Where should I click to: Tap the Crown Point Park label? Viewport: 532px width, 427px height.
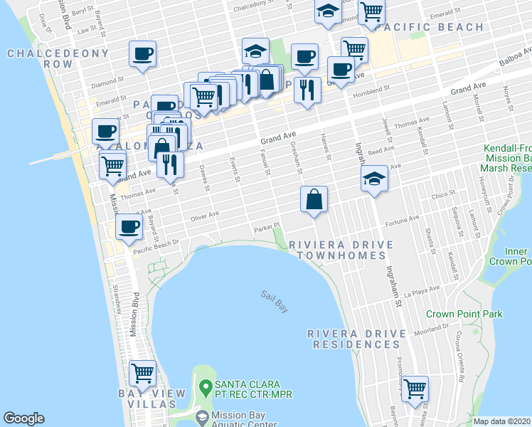pyautogui.click(x=464, y=314)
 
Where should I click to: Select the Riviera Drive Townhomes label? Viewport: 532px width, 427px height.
pyautogui.click(x=341, y=250)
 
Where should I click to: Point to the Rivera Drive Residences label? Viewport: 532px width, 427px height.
pyautogui.click(x=353, y=339)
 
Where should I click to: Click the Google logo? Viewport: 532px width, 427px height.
pyautogui.click(x=23, y=418)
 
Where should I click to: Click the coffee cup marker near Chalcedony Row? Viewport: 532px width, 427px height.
pyautogui.click(x=142, y=53)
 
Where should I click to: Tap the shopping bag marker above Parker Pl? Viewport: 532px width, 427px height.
pyautogui.click(x=314, y=199)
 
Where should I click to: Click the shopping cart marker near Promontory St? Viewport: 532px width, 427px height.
pyautogui.click(x=414, y=389)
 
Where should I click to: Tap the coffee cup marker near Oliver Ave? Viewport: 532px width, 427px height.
pyautogui.click(x=129, y=227)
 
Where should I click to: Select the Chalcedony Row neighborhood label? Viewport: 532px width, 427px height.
pyautogui.click(x=58, y=58)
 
